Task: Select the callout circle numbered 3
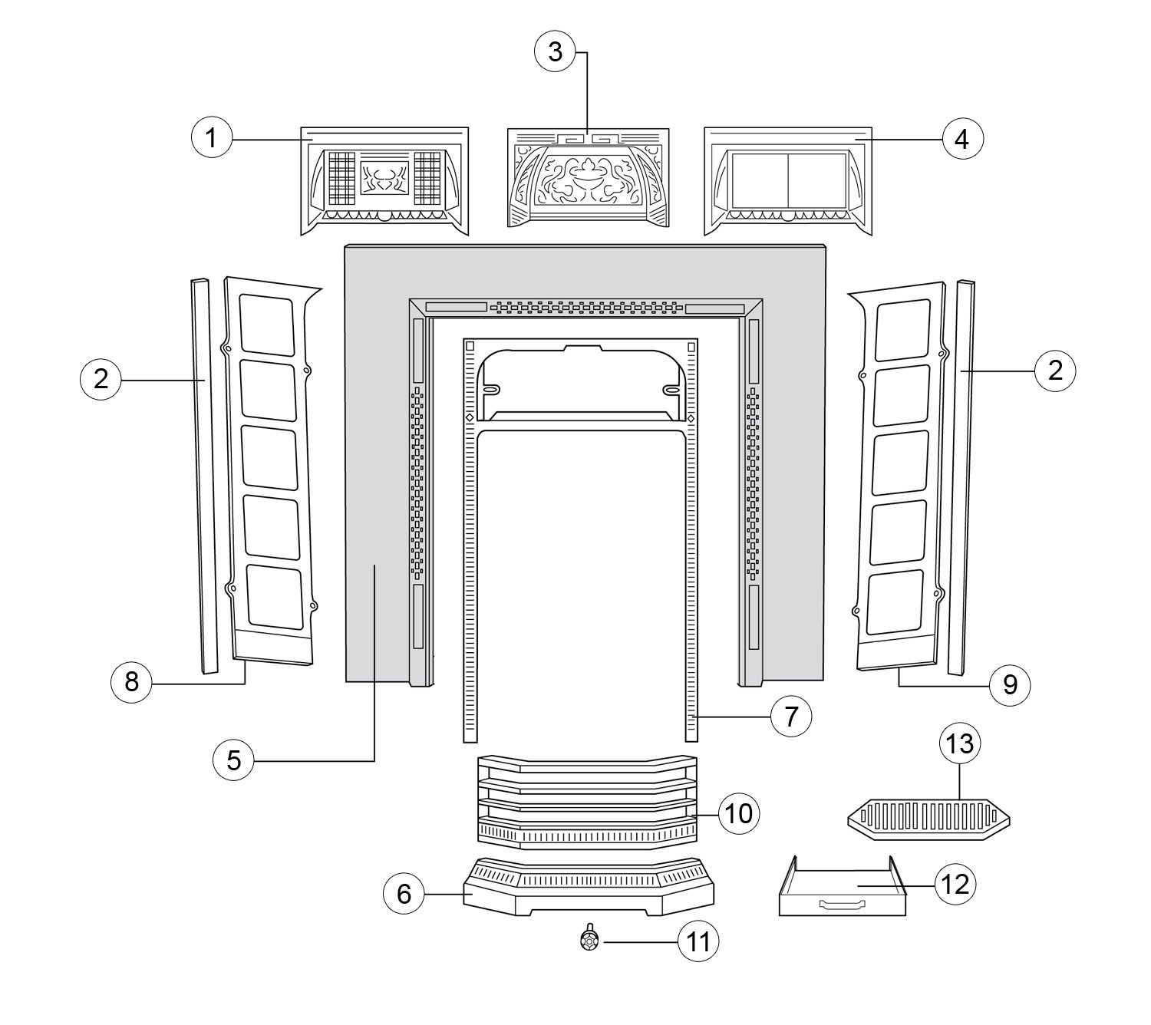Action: [555, 53]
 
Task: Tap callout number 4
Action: [961, 139]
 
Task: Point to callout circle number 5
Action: [234, 760]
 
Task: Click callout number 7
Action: [791, 717]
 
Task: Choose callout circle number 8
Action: [131, 681]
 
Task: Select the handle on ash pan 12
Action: [841, 905]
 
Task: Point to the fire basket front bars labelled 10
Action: [587, 802]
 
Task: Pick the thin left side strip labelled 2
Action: [203, 476]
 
